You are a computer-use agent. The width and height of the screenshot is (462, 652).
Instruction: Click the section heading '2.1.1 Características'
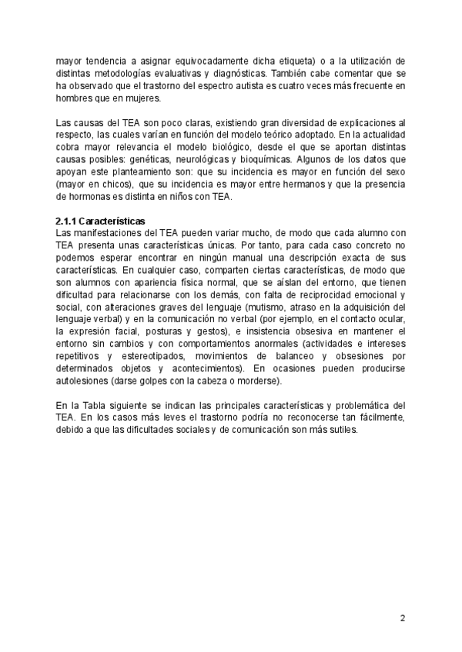pos(101,221)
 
